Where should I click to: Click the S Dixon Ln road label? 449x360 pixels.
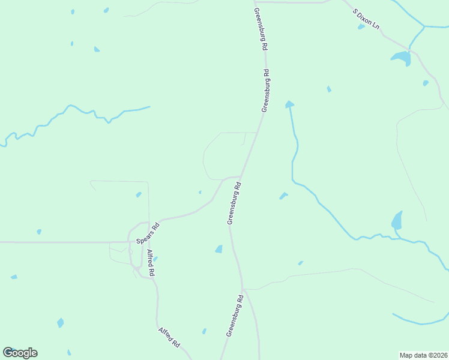pyautogui.click(x=366, y=20)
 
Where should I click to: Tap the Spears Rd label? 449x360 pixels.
pyautogui.click(x=148, y=233)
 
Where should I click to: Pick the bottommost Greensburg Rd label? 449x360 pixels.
pyautogui.click(x=234, y=315)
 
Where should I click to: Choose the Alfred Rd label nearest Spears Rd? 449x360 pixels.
pyautogui.click(x=151, y=263)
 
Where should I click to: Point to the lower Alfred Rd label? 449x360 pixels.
pyautogui.click(x=169, y=338)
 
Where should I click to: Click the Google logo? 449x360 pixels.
pyautogui.click(x=20, y=353)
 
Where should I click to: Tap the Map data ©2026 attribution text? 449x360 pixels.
pyautogui.click(x=424, y=355)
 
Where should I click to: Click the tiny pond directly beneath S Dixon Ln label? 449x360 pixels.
pyautogui.click(x=361, y=26)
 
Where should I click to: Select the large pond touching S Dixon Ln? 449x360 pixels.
pyautogui.click(x=401, y=58)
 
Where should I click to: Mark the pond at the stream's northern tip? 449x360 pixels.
pyautogui.click(x=289, y=104)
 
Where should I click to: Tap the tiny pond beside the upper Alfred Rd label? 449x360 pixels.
pyautogui.click(x=155, y=259)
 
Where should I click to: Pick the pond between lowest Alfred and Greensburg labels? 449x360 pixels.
pyautogui.click(x=204, y=331)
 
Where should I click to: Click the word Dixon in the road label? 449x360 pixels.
pyautogui.click(x=367, y=20)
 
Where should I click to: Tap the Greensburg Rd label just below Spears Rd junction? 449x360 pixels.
pyautogui.click(x=234, y=204)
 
